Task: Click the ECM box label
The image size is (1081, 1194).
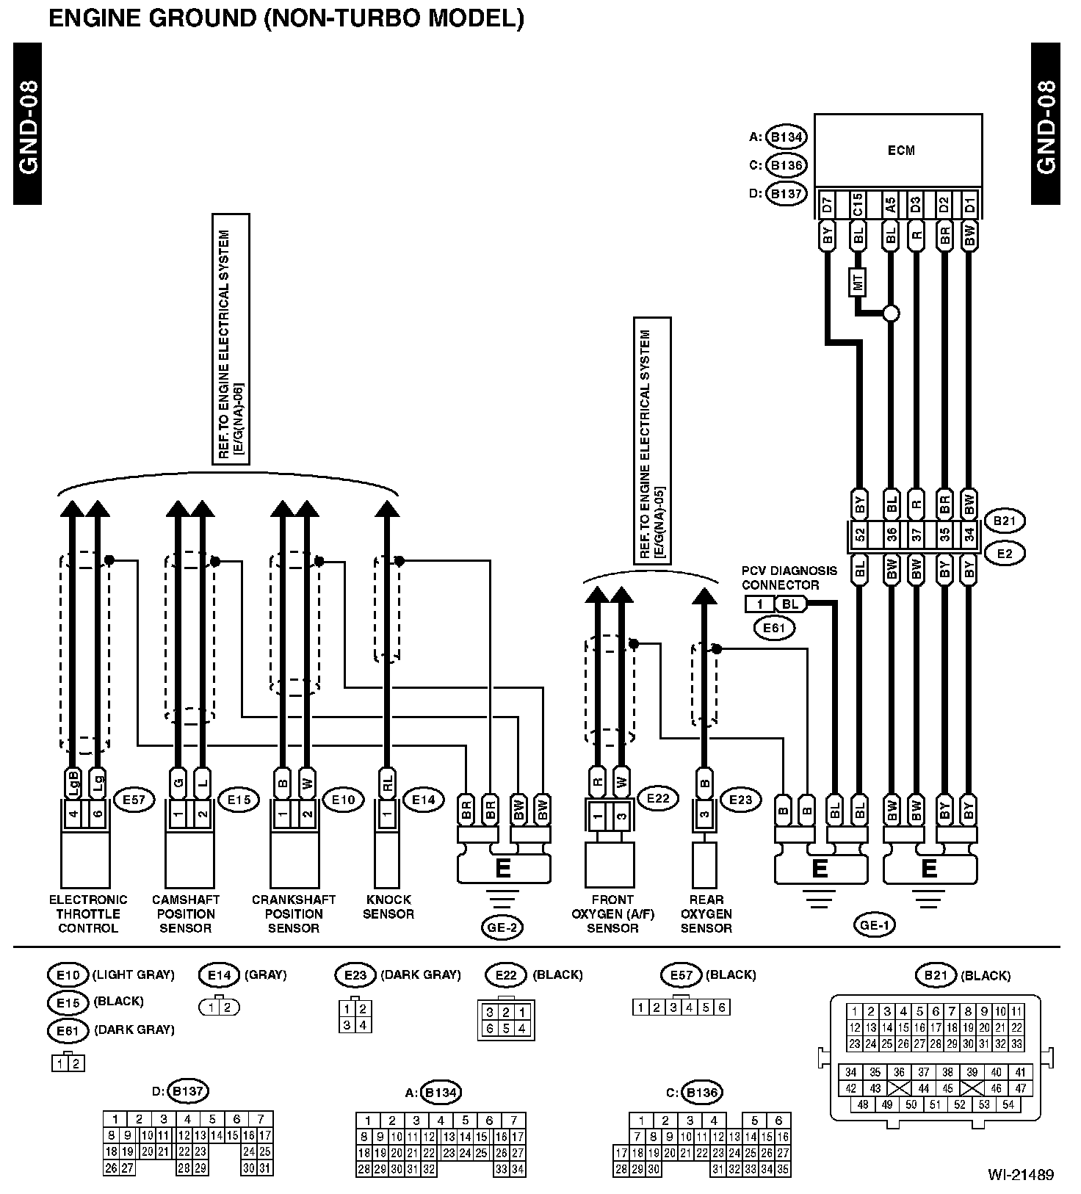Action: (901, 151)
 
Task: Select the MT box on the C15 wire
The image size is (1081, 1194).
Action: (858, 282)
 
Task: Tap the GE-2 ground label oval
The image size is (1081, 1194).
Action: (503, 927)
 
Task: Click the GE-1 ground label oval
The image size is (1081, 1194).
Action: (875, 925)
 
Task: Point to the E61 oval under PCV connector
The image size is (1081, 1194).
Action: (773, 628)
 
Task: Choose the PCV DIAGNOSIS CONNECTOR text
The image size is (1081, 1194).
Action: (778, 578)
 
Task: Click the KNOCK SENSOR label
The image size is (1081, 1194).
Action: (388, 907)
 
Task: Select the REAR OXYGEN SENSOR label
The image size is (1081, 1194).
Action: (706, 913)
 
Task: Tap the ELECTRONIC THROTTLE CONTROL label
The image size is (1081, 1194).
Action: (88, 913)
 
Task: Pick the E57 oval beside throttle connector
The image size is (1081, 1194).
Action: (134, 800)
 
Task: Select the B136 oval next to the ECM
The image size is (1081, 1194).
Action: (786, 165)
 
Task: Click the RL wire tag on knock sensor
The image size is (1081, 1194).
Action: (387, 783)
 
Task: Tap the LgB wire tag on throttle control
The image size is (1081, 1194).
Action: (73, 781)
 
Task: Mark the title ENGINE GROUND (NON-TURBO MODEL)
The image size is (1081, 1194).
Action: (286, 18)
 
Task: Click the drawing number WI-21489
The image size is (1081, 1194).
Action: (1020, 1175)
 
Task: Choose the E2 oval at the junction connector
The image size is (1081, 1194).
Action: (1005, 553)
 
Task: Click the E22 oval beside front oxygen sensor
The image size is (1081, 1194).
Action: (658, 798)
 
